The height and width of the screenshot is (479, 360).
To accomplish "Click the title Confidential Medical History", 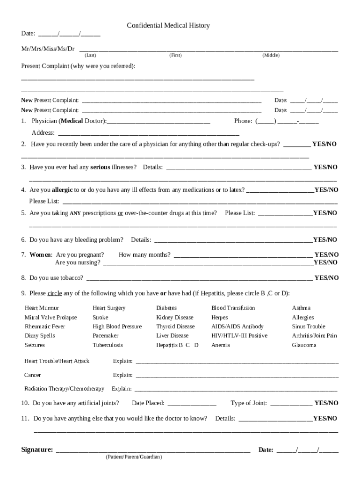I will tap(168, 26).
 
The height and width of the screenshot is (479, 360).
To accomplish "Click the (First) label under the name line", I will tap(175, 56).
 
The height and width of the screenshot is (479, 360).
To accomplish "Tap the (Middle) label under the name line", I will tap(271, 56).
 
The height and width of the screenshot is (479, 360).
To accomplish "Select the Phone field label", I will tap(243, 121).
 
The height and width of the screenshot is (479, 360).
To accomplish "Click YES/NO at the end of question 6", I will tap(325, 240).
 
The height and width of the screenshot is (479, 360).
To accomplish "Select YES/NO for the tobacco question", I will tap(326, 278).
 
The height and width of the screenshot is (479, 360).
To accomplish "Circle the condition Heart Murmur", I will tap(42, 308).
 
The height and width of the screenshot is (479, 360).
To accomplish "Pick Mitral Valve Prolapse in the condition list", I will tap(50, 318).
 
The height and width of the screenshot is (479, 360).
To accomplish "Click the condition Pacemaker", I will tap(106, 336).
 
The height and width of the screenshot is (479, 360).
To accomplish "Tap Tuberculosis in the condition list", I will tap(108, 345).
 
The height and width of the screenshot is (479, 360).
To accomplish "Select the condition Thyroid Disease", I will tap(175, 327).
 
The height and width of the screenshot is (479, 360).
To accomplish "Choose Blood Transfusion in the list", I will tap(233, 308).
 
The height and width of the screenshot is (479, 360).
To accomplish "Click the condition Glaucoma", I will tap(304, 345).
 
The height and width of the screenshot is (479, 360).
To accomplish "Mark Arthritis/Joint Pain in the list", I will tap(314, 336).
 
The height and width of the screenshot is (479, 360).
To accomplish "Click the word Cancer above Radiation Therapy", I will tap(32, 375).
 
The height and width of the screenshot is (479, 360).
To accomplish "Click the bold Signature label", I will tap(37, 450).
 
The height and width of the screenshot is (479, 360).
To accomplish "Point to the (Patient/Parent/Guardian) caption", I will tap(134, 457).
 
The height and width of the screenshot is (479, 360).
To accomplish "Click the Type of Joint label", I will tap(249, 403).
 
